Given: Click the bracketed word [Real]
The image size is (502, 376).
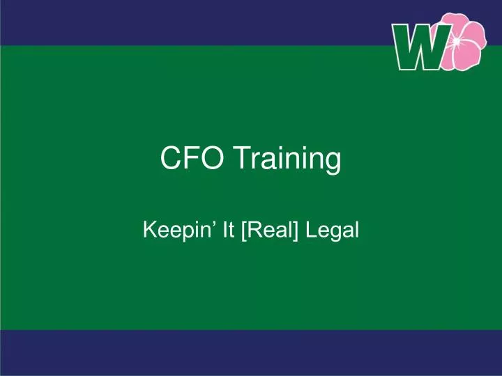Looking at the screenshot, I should pos(270,228).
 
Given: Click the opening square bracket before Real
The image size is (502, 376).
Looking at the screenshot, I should pos(243,228).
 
